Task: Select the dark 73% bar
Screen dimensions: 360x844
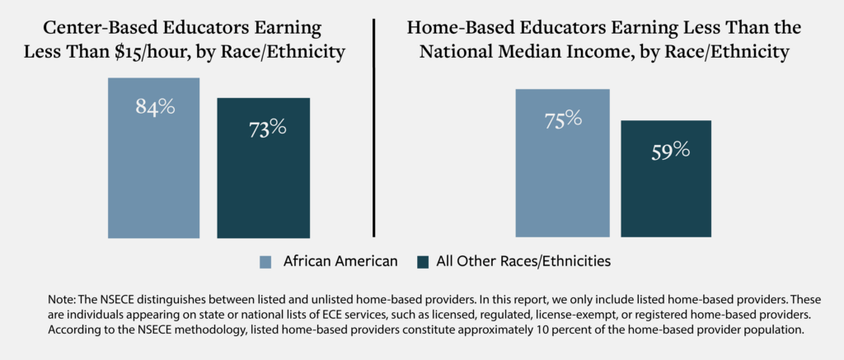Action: point(263,181)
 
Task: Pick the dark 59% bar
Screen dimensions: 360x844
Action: point(665,189)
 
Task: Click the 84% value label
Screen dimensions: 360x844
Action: point(156,107)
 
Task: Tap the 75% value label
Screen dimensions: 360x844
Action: point(563,119)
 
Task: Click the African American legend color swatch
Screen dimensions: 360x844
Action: point(265,262)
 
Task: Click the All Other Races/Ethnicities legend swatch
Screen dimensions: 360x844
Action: point(424,262)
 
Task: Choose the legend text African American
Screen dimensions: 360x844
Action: point(340,262)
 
